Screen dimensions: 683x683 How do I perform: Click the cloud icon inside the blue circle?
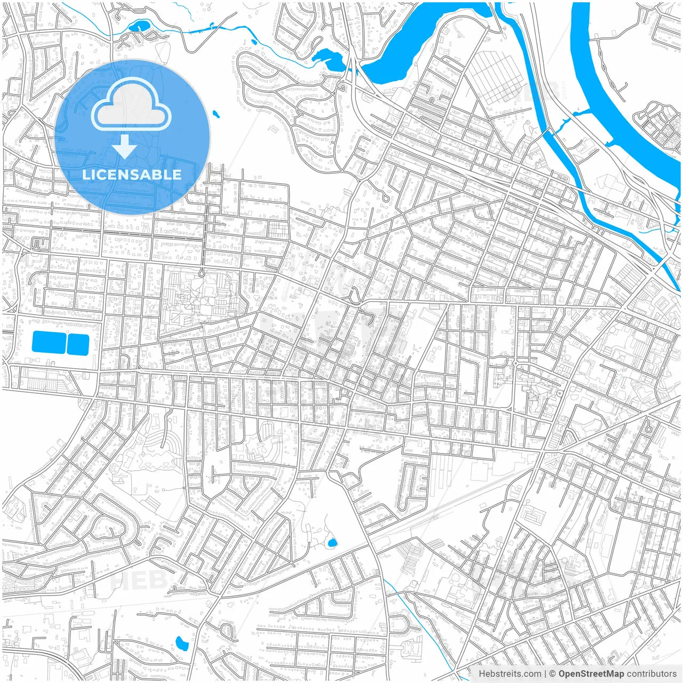[131, 107]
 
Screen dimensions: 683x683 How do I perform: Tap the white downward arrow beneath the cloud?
[125, 147]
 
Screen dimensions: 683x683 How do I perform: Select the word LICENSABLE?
[131, 174]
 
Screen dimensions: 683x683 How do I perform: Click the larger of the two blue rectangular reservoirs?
[49, 342]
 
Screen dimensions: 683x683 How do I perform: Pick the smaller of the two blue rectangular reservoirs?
[78, 344]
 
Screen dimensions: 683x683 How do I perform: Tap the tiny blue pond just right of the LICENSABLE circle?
[216, 114]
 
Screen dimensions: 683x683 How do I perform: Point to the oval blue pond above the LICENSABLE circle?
[140, 25]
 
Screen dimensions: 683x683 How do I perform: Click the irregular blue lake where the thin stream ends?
[328, 60]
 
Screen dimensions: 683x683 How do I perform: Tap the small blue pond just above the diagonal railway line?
[332, 544]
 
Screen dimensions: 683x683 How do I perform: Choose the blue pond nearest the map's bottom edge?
[182, 644]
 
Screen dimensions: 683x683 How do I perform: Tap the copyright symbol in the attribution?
[553, 674]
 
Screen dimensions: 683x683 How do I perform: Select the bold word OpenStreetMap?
[591, 674]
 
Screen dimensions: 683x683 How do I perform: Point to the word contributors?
[651, 674]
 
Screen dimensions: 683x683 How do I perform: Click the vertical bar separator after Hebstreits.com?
[545, 674]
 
